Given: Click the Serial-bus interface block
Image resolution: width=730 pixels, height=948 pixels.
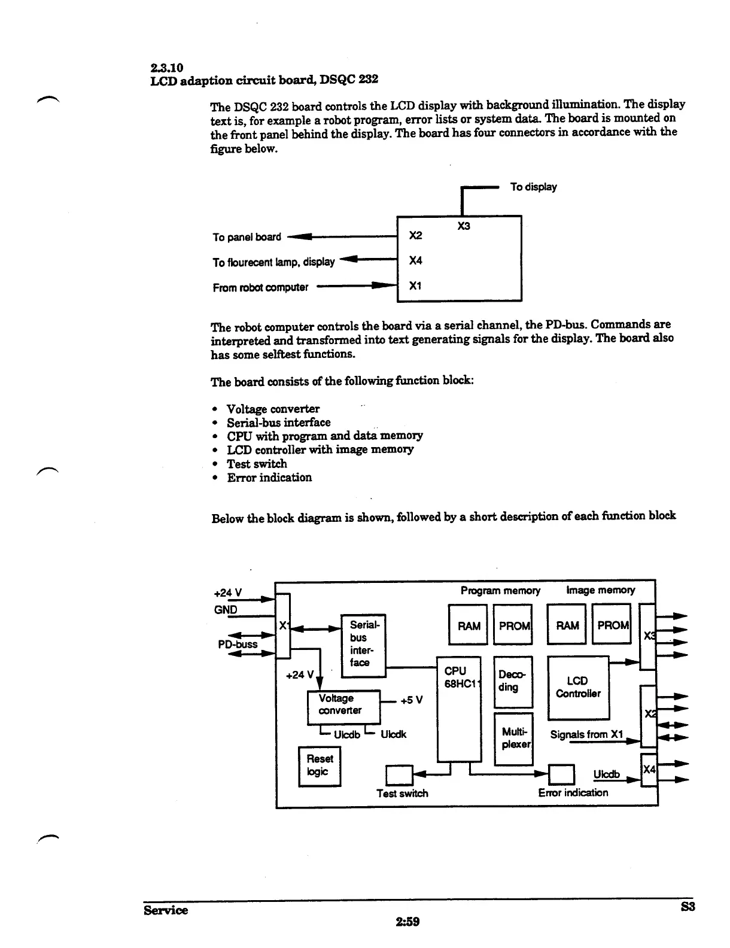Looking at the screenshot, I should pyautogui.click(x=363, y=645).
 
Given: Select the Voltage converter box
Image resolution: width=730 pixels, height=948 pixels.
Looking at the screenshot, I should pyautogui.click(x=343, y=707).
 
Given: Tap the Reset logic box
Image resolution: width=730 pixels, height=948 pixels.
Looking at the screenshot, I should pyautogui.click(x=320, y=766).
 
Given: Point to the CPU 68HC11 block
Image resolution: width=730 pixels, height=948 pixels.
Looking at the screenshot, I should pyautogui.click(x=459, y=709).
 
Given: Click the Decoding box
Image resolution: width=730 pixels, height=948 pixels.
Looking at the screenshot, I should pyautogui.click(x=512, y=682).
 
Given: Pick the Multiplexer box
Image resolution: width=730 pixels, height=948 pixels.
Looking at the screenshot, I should pyautogui.click(x=513, y=739).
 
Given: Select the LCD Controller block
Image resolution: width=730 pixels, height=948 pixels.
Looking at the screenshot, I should pyautogui.click(x=578, y=688).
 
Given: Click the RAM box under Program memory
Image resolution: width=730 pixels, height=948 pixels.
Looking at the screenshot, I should pyautogui.click(x=468, y=625).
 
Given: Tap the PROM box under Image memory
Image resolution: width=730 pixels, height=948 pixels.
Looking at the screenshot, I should pyautogui.click(x=612, y=625).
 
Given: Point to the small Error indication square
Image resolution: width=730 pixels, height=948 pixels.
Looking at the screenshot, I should pyautogui.click(x=561, y=774).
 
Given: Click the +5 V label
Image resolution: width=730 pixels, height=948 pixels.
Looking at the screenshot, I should pyautogui.click(x=412, y=700).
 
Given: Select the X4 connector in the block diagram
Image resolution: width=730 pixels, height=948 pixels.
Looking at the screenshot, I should pyautogui.click(x=649, y=771).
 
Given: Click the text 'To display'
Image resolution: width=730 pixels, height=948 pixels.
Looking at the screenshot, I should pyautogui.click(x=533, y=187).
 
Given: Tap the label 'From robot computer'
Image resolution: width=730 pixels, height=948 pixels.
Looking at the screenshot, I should pyautogui.click(x=260, y=287).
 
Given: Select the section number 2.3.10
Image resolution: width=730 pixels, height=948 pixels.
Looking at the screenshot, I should pyautogui.click(x=166, y=67).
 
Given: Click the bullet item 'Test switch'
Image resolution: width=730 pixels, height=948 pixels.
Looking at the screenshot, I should pyautogui.click(x=257, y=463).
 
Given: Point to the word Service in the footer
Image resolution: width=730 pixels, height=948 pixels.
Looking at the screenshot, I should pyautogui.click(x=166, y=910).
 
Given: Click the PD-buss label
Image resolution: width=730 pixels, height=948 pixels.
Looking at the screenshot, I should pyautogui.click(x=238, y=644).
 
